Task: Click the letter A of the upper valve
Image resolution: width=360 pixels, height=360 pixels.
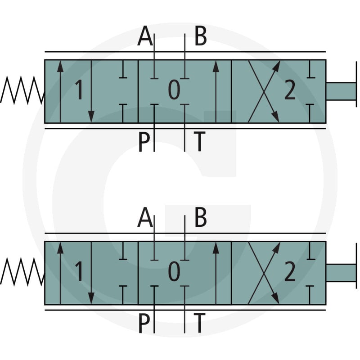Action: point(145,36)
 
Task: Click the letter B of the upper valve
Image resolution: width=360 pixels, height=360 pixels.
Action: point(200,36)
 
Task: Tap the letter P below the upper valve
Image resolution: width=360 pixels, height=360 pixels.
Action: point(144,141)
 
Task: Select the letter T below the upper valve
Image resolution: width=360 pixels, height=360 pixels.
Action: point(199,141)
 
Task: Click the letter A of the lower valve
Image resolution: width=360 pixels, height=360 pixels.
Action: point(145,217)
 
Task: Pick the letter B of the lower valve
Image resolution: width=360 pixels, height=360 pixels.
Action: point(200,217)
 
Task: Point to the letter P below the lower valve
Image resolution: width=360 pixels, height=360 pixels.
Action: point(144,323)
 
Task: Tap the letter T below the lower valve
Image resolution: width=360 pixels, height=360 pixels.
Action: point(199,323)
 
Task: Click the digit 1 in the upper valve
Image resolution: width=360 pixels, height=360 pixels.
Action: point(79,90)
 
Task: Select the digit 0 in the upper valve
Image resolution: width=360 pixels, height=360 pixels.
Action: point(174,90)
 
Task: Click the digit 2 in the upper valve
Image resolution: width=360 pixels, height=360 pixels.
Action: point(290,90)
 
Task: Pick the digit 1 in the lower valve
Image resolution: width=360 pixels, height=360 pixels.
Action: point(79,271)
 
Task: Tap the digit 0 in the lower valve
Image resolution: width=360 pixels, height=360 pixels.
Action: point(174,271)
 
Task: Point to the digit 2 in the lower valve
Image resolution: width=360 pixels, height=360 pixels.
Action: point(290,272)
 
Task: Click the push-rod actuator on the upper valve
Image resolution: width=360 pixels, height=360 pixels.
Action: point(342,91)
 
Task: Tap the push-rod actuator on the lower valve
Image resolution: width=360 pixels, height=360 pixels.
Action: point(342,273)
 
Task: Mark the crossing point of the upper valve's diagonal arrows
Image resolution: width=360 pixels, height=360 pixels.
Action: point(264,91)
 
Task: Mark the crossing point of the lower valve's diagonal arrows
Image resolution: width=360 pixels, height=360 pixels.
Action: point(264,273)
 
